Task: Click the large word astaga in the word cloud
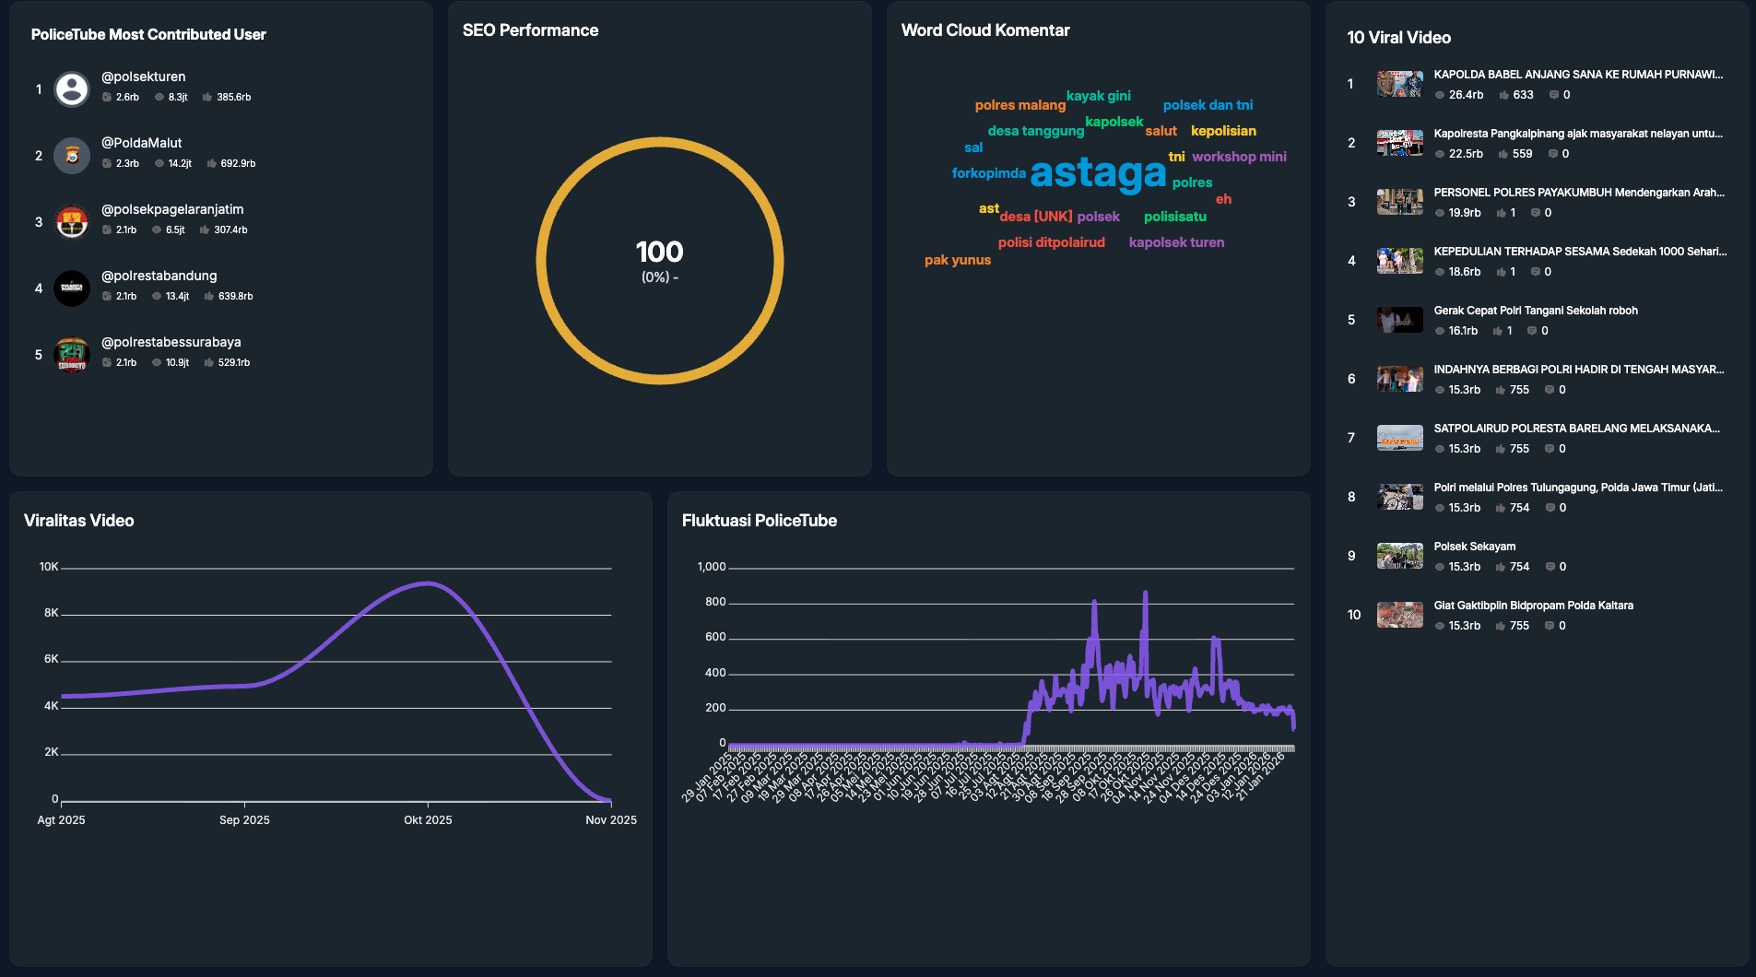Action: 1098,173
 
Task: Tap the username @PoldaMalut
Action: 141,143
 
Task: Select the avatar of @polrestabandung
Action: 72,288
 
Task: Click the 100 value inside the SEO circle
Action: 659,252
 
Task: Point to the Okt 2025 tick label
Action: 428,819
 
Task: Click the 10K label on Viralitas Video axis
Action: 49,567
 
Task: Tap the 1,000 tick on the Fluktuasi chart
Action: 711,567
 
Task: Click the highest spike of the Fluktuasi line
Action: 1145,594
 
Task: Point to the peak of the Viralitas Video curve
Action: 427,583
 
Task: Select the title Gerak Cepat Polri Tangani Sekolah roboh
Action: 1535,311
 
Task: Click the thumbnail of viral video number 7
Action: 1399,438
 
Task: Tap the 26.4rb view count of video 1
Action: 1466,95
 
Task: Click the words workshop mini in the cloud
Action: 1239,157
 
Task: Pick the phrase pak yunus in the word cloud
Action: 957,260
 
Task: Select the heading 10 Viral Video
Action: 1398,38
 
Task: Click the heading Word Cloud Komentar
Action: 984,30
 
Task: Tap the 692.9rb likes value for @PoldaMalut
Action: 238,163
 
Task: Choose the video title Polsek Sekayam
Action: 1474,547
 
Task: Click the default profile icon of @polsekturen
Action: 72,88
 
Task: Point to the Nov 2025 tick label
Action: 610,819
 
